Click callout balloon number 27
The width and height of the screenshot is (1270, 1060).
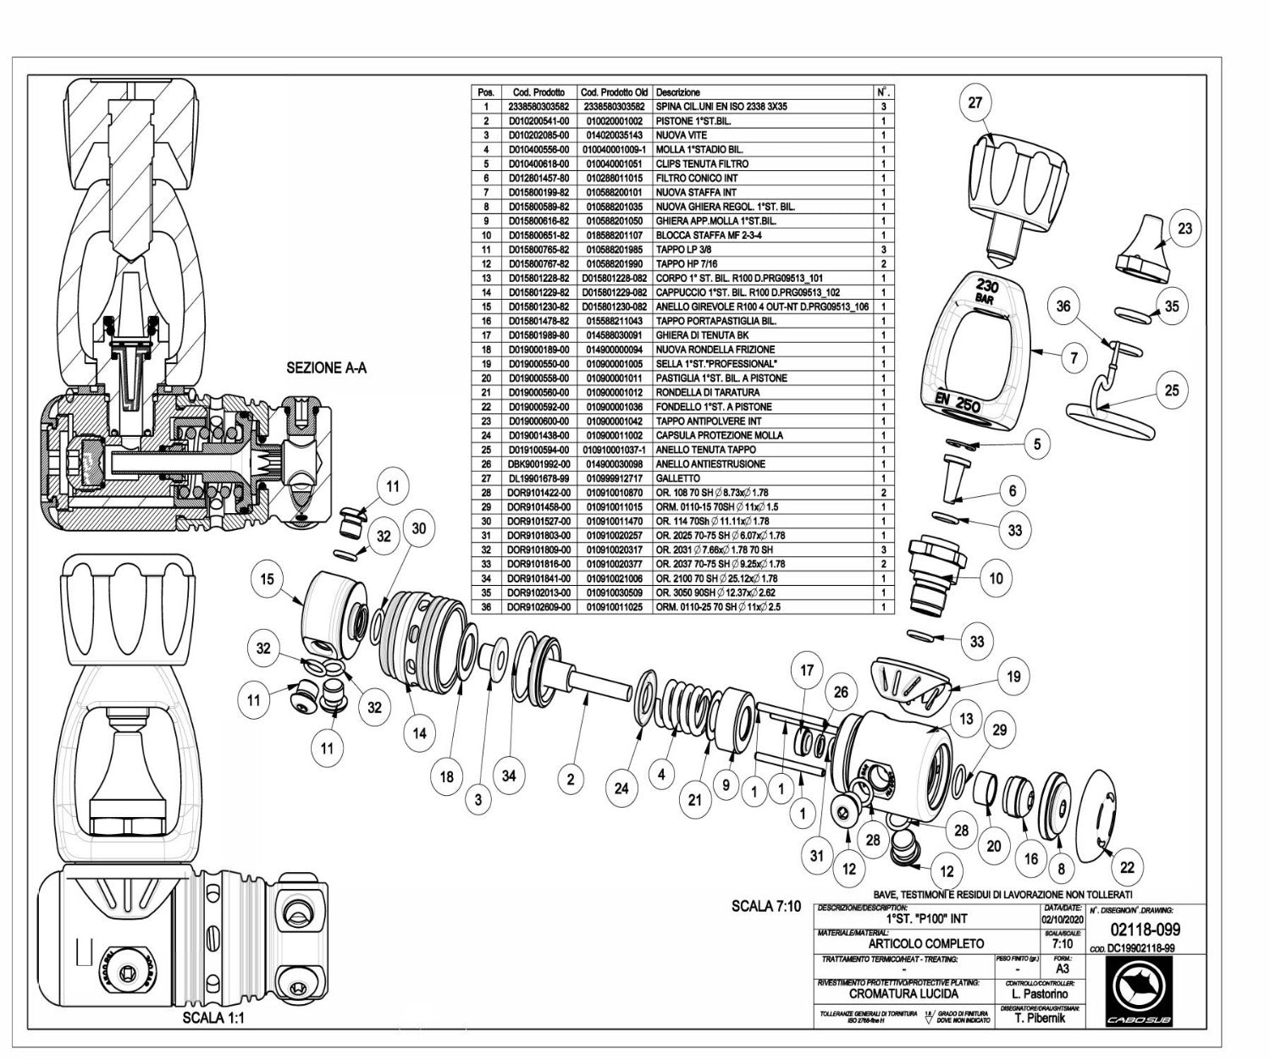click(x=975, y=102)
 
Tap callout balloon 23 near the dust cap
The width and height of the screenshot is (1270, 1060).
click(x=1184, y=228)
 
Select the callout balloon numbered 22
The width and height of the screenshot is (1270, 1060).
click(x=1127, y=866)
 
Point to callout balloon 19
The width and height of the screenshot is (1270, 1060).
click(x=1013, y=676)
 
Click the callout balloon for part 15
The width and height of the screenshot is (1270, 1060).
click(x=268, y=579)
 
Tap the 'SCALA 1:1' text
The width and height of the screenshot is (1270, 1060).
click(x=213, y=1019)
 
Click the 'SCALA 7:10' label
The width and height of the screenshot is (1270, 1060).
click(x=765, y=906)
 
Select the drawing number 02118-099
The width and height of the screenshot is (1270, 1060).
click(x=1145, y=930)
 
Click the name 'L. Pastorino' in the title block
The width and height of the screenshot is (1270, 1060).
click(x=1040, y=993)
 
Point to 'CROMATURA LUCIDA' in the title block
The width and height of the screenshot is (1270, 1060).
click(x=903, y=993)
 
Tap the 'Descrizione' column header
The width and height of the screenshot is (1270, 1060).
click(x=678, y=91)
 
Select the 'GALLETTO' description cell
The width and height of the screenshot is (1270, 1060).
click(x=678, y=478)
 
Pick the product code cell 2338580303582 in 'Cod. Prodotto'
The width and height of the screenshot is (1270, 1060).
click(x=538, y=107)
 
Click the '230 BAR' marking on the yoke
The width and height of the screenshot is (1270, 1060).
click(x=987, y=292)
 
